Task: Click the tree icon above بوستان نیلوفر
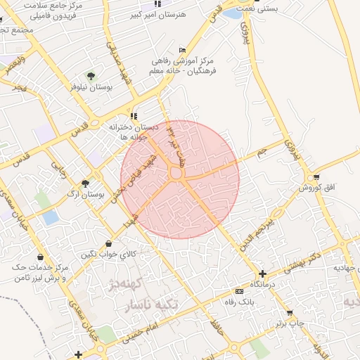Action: (x=90, y=75)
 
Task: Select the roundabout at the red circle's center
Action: (x=175, y=173)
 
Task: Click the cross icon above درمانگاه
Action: (x=262, y=274)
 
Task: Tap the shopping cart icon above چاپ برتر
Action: (x=289, y=313)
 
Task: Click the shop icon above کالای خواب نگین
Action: (x=108, y=243)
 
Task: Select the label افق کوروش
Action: (x=310, y=188)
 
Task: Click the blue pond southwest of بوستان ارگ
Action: (x=51, y=217)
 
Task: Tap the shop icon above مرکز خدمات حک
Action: (x=40, y=257)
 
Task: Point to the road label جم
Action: (x=262, y=152)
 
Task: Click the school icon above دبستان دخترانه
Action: (x=134, y=116)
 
